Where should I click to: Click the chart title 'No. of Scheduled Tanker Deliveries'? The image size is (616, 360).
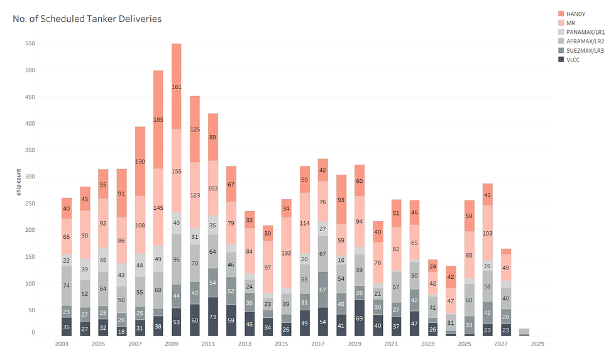coord(87,19)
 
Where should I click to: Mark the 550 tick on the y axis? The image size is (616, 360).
coord(30,43)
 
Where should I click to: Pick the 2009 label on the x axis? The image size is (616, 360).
coord(172,344)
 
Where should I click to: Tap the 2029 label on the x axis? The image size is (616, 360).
coord(537,344)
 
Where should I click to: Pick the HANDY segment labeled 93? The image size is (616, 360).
coord(341,200)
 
